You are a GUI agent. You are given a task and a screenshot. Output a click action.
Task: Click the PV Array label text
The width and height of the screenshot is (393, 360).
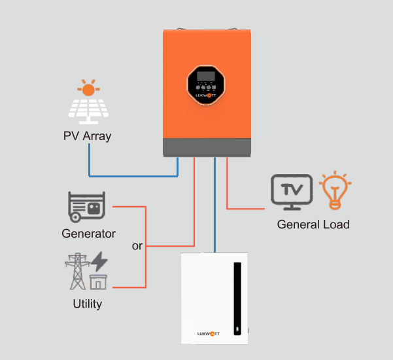(x=87, y=137)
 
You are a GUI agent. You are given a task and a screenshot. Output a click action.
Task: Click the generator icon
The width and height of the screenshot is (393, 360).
(x=86, y=207)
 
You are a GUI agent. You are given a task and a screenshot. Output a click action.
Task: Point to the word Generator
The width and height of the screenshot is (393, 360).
(x=88, y=233)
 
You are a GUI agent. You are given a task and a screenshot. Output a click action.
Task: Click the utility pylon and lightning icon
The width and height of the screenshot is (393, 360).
(x=86, y=271)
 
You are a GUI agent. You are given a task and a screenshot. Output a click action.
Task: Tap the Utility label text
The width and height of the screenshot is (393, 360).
(x=87, y=304)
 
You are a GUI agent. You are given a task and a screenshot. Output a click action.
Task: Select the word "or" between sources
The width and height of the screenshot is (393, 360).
(x=137, y=246)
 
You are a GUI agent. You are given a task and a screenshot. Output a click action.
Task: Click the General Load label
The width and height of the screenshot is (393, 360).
(x=313, y=225)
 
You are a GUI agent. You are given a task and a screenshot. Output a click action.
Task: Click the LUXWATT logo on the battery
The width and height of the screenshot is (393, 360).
(x=209, y=333)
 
